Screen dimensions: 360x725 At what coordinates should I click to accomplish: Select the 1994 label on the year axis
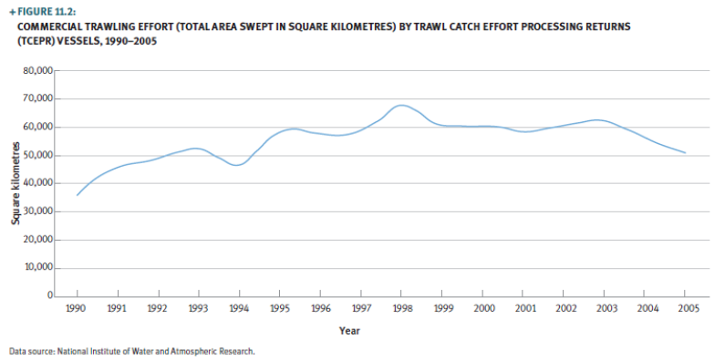[x=239, y=309]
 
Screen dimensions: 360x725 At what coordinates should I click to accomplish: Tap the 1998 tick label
[x=402, y=309]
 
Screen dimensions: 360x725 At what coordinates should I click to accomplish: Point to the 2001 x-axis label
[x=525, y=309]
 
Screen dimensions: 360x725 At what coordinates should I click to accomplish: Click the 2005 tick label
[x=689, y=309]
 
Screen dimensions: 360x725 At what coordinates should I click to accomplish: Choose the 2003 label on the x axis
[x=606, y=309]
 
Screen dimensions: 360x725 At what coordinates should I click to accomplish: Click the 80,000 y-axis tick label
[x=37, y=70]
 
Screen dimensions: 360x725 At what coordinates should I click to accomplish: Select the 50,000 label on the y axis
[x=37, y=155]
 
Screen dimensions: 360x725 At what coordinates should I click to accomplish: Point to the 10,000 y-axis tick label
[x=37, y=268]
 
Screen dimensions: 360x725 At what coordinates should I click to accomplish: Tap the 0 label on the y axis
[x=49, y=296]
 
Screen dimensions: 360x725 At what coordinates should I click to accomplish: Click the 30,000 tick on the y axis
[x=37, y=211]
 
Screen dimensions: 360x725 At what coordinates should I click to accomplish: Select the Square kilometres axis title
[x=16, y=183]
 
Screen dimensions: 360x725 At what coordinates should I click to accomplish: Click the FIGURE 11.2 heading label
[x=45, y=11]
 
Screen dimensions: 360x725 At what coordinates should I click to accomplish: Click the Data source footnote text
[x=131, y=351]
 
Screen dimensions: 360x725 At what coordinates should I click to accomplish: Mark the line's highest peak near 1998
[x=401, y=106]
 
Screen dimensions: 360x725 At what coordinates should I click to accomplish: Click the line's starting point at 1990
[x=77, y=195]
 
